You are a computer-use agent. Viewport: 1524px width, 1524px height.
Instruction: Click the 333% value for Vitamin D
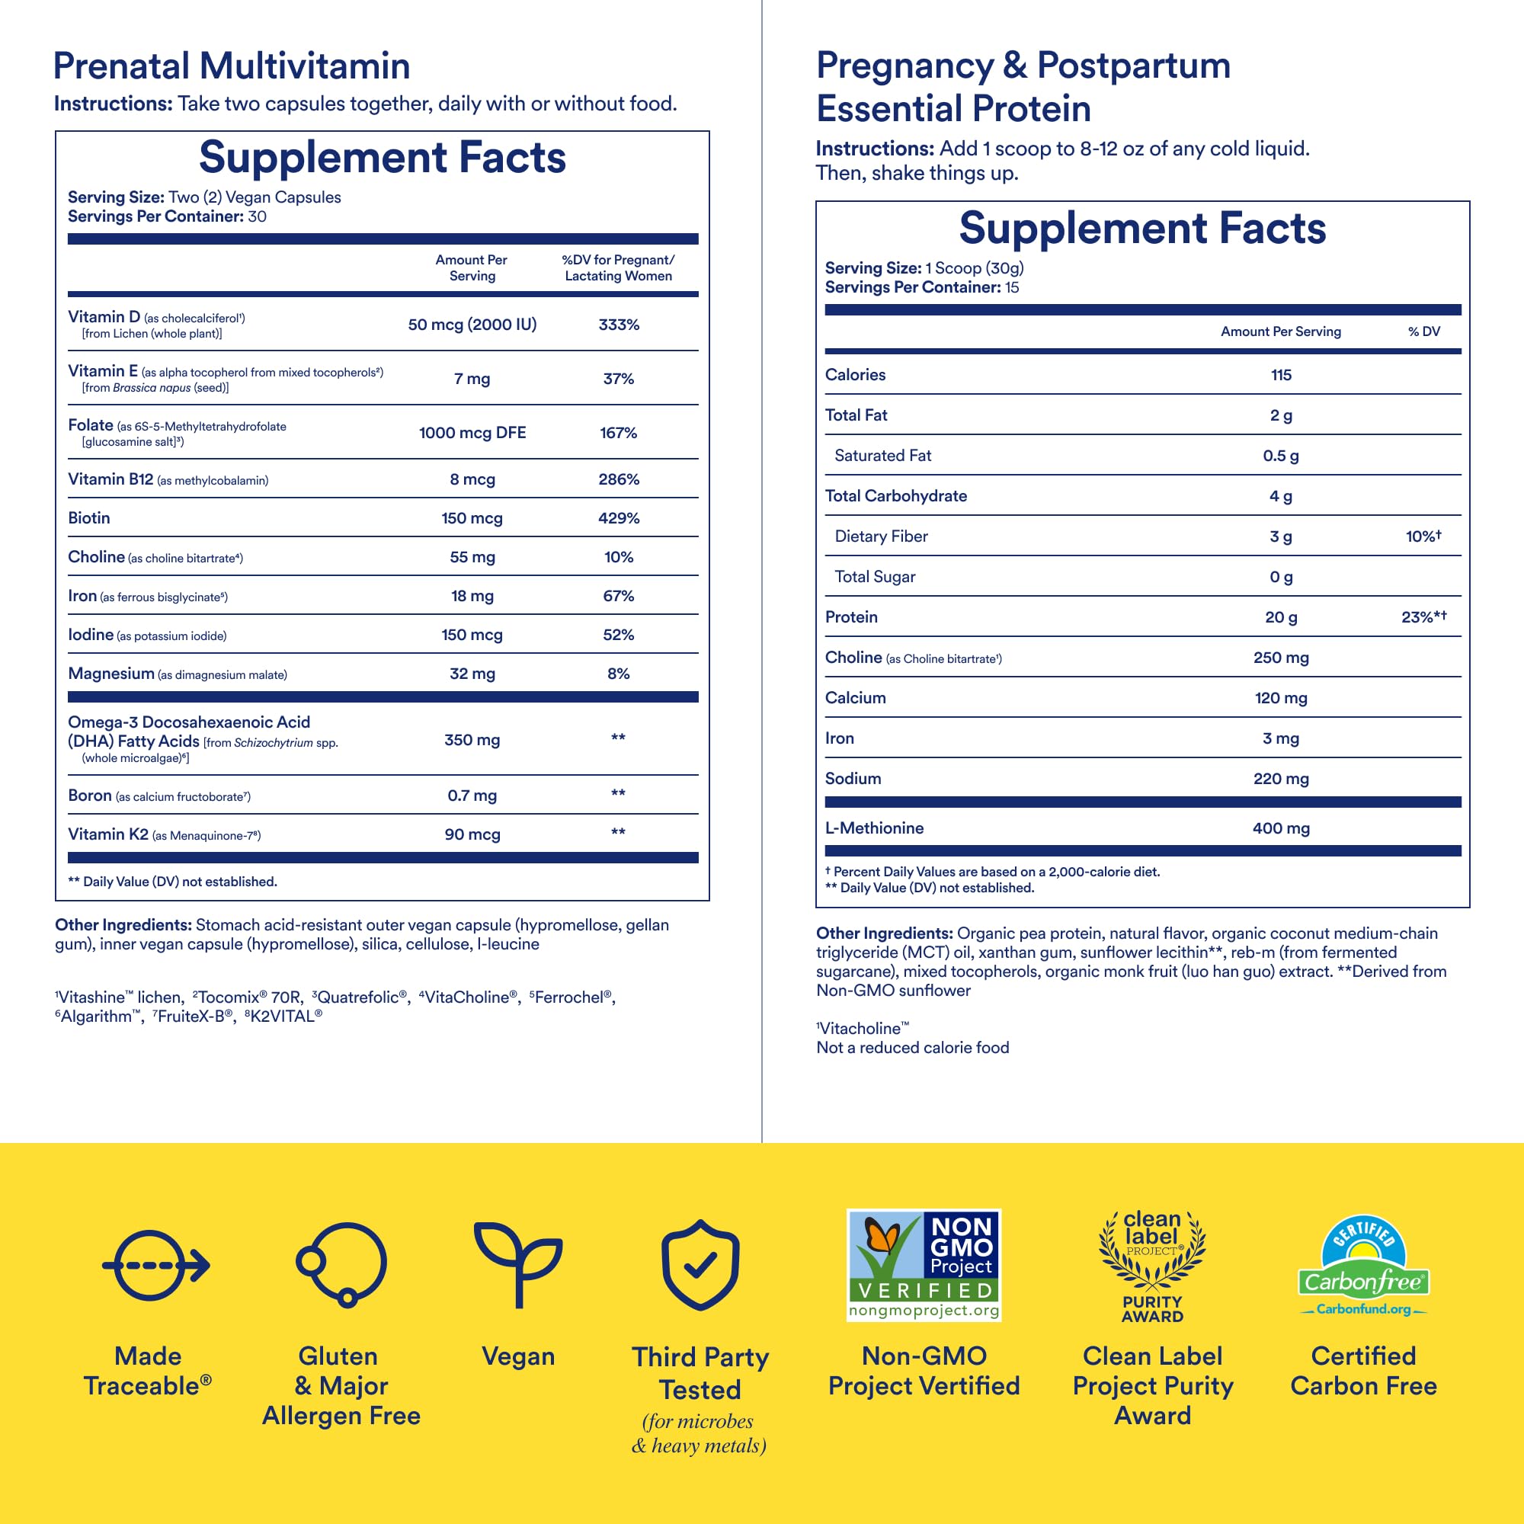tap(619, 325)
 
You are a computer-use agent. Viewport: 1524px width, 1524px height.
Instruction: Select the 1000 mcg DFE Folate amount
tap(472, 433)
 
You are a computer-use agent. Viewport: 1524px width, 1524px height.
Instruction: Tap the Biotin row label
tap(89, 518)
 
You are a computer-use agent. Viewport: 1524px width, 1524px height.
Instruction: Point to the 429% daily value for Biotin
tap(619, 518)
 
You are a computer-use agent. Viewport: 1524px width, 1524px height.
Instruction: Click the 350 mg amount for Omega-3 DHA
tap(472, 740)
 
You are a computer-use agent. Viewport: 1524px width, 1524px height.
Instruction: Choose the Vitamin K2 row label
tap(108, 834)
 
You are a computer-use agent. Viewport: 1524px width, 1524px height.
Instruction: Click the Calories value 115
tap(1281, 376)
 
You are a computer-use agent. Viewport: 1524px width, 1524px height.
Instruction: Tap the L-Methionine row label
tap(874, 828)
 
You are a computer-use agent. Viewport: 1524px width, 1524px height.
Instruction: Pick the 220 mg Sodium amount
tap(1281, 780)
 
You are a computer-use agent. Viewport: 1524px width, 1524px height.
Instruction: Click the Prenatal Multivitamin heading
tap(232, 66)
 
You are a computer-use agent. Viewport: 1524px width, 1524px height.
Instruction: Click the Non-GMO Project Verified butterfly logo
tap(924, 1264)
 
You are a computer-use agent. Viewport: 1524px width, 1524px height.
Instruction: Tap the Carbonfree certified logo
tap(1363, 1264)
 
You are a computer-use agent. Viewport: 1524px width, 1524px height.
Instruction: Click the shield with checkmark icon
tap(700, 1264)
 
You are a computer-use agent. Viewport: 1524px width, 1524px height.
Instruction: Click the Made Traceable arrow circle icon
tap(155, 1265)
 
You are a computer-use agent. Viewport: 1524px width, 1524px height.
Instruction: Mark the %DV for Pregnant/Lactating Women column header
tap(619, 268)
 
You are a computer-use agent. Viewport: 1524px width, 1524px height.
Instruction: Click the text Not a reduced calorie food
tap(913, 1049)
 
